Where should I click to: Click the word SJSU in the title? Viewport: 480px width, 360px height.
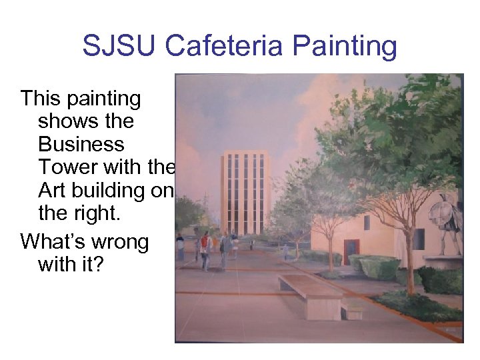pyautogui.click(x=119, y=47)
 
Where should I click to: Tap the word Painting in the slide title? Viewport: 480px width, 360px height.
pyautogui.click(x=345, y=47)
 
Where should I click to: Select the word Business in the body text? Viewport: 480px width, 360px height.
pyautogui.click(x=81, y=144)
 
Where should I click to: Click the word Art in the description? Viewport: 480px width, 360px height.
pyautogui.click(x=53, y=191)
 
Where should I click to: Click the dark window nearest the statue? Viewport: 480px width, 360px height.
pyautogui.click(x=418, y=238)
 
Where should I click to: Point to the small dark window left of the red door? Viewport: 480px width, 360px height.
pyautogui.click(x=367, y=223)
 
